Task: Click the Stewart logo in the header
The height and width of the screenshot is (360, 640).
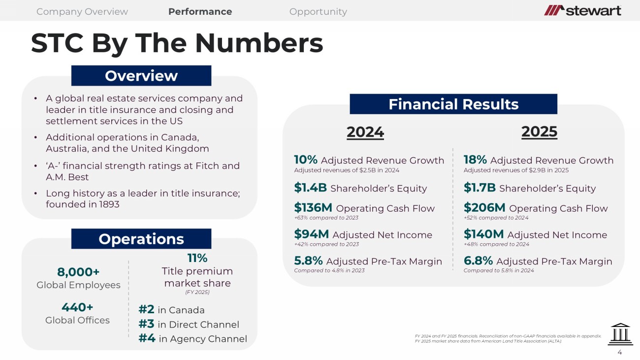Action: point(582,10)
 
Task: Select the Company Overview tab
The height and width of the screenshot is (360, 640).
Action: point(82,11)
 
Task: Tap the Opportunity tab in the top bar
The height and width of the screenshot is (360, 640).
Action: point(318,11)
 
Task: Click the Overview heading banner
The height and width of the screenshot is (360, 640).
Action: point(141,75)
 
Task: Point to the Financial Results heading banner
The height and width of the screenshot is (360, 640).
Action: point(453,104)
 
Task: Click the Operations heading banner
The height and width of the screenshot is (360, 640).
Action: point(141,238)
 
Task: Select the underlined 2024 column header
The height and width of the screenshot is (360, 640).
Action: point(365,132)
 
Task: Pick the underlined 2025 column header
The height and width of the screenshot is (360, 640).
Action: point(539,132)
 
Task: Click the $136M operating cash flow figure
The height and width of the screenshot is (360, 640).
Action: point(313,207)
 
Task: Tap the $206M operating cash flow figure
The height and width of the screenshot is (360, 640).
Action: point(484,207)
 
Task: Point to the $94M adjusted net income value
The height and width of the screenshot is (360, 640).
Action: point(312,234)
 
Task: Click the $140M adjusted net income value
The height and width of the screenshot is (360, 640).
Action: point(483,234)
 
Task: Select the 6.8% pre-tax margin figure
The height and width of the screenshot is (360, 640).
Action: point(478,261)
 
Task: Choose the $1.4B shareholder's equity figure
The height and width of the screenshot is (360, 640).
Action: point(310,188)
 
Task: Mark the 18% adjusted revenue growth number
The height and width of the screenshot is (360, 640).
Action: point(475,160)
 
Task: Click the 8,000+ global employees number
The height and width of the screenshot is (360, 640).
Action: point(78,272)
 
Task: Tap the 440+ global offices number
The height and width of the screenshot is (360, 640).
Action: point(77,307)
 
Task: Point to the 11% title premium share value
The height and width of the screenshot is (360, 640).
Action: point(197,258)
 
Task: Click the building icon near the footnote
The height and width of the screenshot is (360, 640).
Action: point(620,334)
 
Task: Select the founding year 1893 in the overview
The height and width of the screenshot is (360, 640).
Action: point(109,204)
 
